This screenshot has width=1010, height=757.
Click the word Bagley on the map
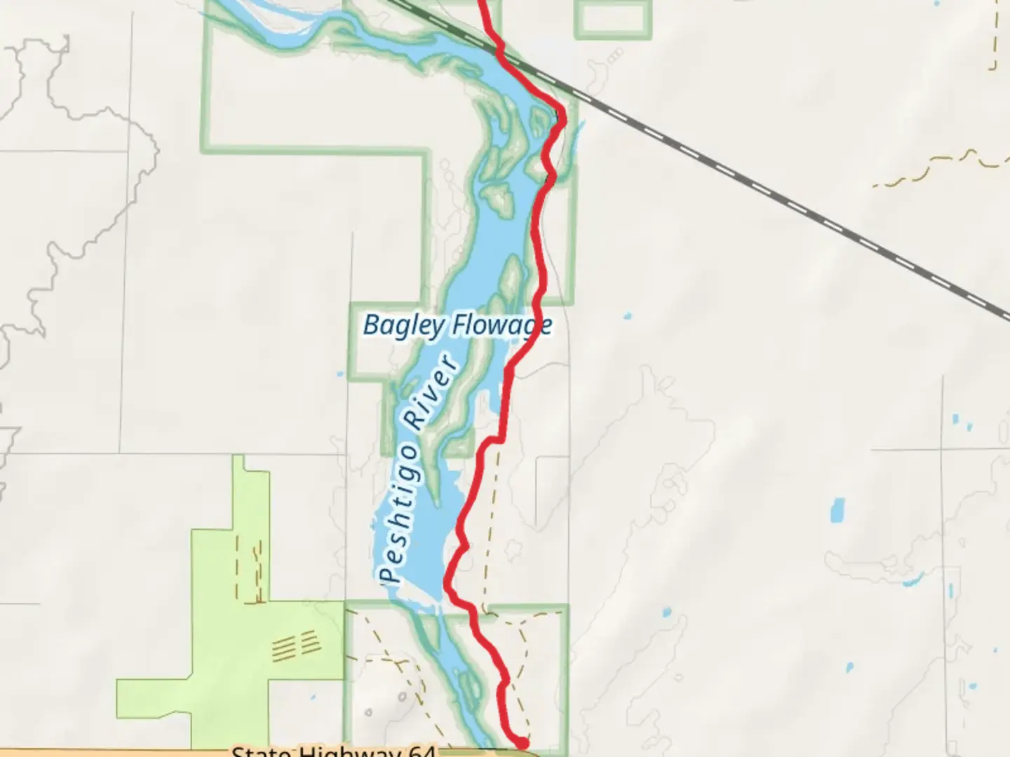403,326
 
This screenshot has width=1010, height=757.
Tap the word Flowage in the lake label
501,325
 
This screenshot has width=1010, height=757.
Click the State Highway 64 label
334,752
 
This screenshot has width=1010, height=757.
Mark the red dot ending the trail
522,743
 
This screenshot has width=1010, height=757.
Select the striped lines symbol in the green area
294,646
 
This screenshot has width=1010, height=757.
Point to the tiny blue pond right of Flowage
627,315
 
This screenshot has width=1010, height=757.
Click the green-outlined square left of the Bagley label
384,341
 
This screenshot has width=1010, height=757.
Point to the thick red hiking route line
539,231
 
